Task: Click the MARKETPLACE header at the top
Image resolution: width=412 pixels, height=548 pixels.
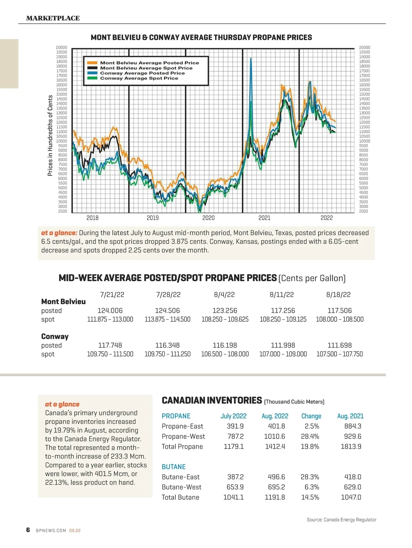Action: [x=53, y=18]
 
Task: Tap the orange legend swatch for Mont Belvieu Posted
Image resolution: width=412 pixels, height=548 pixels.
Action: [x=92, y=63]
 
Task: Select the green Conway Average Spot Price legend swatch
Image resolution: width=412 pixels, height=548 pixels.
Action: [x=92, y=78]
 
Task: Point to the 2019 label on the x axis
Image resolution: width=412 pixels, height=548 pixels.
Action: [x=153, y=218]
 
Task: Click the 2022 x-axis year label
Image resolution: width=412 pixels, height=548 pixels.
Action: [x=327, y=218]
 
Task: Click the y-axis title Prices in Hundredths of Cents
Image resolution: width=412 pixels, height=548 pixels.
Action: [x=50, y=135]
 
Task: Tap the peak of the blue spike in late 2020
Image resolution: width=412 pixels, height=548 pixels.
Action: [x=251, y=59]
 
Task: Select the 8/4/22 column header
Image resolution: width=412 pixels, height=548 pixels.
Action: [x=224, y=295]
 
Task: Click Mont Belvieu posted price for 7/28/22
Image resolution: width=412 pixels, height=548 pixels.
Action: [x=168, y=310]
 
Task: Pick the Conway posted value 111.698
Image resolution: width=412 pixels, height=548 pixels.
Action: [x=340, y=345]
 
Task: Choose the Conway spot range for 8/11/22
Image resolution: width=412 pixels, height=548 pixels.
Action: [x=283, y=354]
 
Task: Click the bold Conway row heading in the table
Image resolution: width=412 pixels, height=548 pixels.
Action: [x=55, y=336]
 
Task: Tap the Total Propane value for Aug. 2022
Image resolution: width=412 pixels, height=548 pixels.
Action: [x=275, y=446]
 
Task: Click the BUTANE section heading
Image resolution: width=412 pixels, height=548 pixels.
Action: [x=174, y=467]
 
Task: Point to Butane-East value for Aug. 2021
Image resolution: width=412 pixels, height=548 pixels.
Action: [x=353, y=477]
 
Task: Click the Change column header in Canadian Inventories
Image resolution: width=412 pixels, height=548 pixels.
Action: [x=311, y=416]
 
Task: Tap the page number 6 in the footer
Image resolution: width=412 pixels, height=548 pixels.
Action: [x=28, y=530]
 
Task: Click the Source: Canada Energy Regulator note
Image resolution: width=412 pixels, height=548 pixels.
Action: [x=341, y=520]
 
